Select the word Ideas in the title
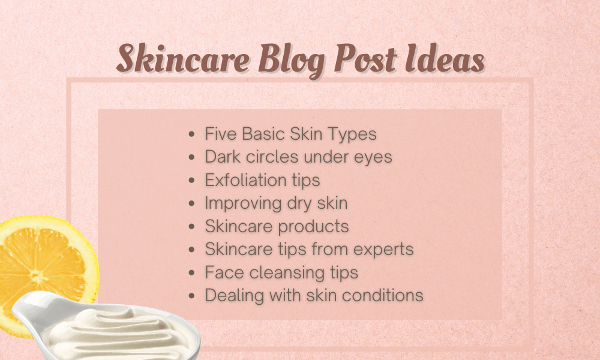(445, 61)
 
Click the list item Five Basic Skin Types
(290, 133)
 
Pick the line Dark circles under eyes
(298, 157)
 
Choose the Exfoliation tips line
(262, 180)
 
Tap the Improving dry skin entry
(276, 203)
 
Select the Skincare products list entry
(277, 226)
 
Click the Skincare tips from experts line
(309, 249)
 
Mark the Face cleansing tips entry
(281, 272)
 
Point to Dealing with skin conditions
(314, 295)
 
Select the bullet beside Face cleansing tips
(191, 273)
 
